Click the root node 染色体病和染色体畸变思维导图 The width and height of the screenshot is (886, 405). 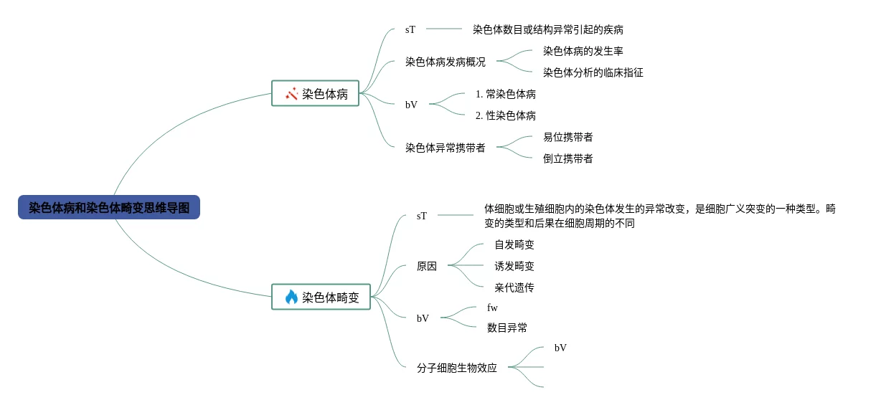tap(109, 208)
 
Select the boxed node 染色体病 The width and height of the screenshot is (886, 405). tap(315, 93)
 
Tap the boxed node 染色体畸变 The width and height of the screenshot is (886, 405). tap(321, 297)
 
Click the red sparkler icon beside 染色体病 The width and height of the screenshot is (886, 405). tap(291, 94)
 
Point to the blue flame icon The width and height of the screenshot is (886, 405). tap(291, 297)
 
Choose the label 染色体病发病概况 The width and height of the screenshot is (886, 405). tap(445, 62)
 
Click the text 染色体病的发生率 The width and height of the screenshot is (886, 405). tap(583, 51)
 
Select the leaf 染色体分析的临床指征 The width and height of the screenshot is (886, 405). tap(593, 72)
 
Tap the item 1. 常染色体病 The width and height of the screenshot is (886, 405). tap(505, 94)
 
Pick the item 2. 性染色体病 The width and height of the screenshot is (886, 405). tap(505, 115)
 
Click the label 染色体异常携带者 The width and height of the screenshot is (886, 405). tap(445, 148)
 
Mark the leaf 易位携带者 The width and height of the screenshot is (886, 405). tap(567, 137)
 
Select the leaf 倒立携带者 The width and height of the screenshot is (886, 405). tap(567, 158)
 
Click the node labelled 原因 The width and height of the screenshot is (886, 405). tap(426, 266)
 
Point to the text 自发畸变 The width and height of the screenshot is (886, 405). tap(514, 244)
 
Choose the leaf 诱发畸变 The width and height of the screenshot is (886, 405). tap(514, 266)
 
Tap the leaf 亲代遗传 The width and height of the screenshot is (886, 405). tap(514, 287)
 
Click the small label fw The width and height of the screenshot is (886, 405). tap(492, 308)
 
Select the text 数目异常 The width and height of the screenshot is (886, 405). tap(506, 328)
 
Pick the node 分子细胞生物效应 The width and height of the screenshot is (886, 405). tap(456, 368)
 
